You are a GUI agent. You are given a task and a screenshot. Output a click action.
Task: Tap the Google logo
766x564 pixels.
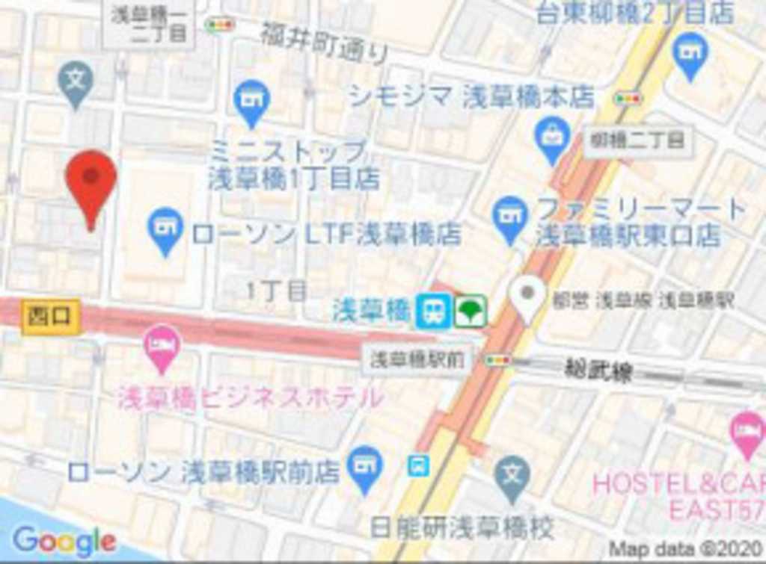coord(64,540)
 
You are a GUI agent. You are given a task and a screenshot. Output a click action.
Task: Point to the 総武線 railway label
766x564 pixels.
coord(598,371)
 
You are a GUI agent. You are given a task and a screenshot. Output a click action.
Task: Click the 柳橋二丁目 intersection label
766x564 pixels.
coord(637,140)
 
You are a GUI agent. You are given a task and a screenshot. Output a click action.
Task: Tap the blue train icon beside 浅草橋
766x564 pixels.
coord(434,311)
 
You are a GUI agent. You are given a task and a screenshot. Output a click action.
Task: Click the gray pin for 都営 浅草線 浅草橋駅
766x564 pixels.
coord(528,297)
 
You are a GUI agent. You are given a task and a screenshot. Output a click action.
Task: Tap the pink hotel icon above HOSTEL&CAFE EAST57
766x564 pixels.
coord(747,433)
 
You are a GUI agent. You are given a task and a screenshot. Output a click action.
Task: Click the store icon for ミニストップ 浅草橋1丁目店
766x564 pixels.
coord(251,100)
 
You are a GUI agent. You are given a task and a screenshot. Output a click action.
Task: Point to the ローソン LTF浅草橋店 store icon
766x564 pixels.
coord(165,228)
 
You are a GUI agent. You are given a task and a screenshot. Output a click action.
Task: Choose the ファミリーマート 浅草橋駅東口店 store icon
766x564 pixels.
coord(510,217)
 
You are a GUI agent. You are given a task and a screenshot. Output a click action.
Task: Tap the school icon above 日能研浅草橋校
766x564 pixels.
coord(512,476)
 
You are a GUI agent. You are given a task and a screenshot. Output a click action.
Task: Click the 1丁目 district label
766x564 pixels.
coord(276,291)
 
